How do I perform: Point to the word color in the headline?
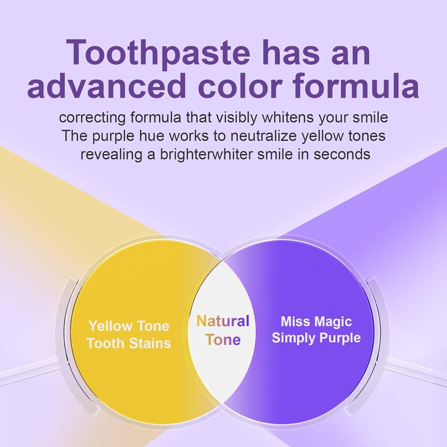coord(240,86)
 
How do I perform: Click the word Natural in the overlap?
coord(223,321)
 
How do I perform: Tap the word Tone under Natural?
coord(223,340)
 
